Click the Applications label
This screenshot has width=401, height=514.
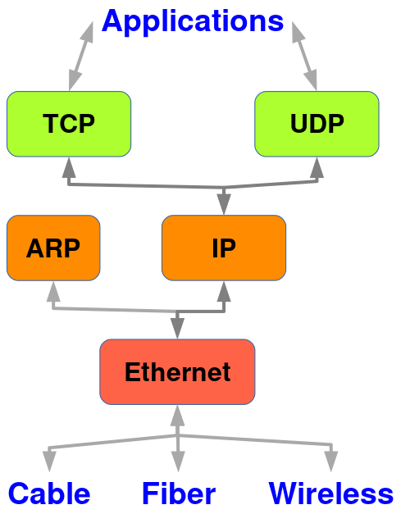click(193, 21)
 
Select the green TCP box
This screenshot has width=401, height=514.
click(69, 124)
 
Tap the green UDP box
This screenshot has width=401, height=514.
click(317, 124)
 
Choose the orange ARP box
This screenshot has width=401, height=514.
click(53, 248)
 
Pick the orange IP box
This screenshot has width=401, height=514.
click(224, 248)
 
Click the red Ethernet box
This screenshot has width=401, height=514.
click(177, 371)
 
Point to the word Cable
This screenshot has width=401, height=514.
click(49, 494)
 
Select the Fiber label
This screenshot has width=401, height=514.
click(179, 494)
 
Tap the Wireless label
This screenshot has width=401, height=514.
click(331, 494)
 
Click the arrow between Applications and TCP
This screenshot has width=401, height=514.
click(81, 56)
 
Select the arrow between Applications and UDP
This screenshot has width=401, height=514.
click(304, 56)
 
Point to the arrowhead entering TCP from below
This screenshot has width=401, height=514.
click(69, 167)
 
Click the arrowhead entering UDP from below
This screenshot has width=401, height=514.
click(317, 167)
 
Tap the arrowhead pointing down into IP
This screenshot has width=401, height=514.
click(224, 204)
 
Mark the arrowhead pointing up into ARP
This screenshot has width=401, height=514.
click(53, 291)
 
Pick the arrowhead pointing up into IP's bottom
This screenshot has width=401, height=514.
click(224, 291)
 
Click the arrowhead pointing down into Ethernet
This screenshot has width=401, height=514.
click(177, 328)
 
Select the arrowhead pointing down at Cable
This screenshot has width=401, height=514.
click(49, 462)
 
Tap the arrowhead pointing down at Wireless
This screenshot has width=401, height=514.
click(331, 462)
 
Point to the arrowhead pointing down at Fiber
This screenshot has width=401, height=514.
click(178, 462)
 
